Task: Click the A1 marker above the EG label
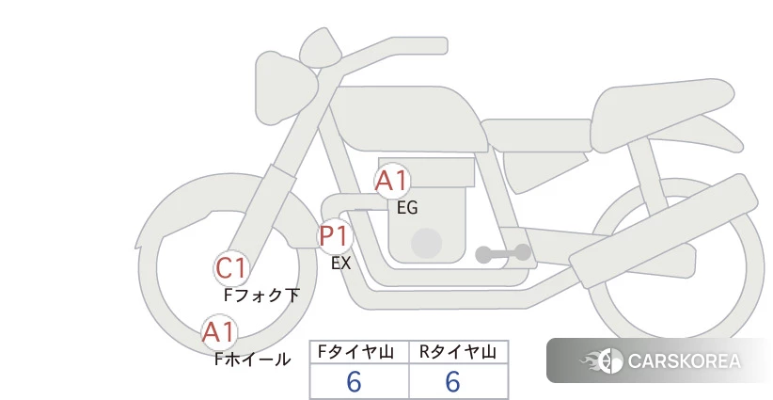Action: [392, 181]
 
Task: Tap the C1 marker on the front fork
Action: [231, 269]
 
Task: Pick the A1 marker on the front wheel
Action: [219, 332]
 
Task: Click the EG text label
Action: [407, 208]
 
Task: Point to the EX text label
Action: [340, 263]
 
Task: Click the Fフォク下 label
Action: [261, 295]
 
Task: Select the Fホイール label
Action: [252, 360]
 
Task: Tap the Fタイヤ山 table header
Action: [355, 352]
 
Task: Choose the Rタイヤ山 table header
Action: [457, 352]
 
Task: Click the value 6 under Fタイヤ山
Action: [354, 382]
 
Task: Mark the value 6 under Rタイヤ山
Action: [453, 382]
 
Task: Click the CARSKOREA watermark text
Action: [685, 360]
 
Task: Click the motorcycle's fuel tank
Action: [409, 119]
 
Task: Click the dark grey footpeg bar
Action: [503, 253]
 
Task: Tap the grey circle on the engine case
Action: [426, 243]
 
